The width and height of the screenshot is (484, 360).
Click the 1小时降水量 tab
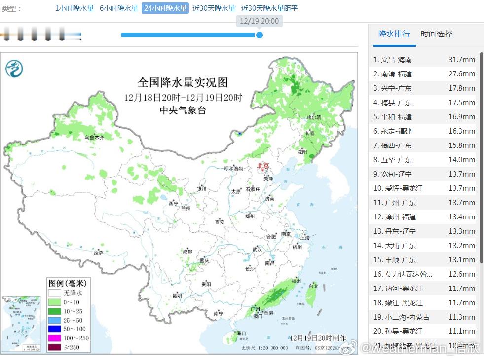[74, 8]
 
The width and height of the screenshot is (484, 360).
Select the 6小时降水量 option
[118, 8]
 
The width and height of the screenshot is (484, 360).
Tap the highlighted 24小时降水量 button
[165, 8]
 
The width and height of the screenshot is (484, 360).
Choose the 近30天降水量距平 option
[269, 8]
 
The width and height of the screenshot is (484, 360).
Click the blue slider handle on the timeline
[260, 35]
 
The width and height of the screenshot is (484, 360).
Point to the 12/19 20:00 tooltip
[259, 21]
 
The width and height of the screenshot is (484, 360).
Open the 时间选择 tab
[436, 34]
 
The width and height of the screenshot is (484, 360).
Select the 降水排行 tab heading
[394, 34]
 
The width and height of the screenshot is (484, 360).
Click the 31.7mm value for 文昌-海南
[461, 60]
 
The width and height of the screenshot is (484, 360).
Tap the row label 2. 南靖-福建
[392, 74]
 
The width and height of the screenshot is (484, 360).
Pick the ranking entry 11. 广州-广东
[394, 203]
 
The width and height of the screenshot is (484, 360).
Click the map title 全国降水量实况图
[183, 82]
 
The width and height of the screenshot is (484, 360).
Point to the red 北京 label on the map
[263, 166]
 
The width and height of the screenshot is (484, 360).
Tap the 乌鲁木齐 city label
[94, 138]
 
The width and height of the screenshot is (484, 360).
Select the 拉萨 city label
[99, 253]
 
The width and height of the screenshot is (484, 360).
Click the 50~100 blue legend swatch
[55, 329]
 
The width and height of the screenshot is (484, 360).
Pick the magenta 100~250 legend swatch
[55, 338]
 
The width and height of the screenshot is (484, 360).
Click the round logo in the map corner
[14, 68]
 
